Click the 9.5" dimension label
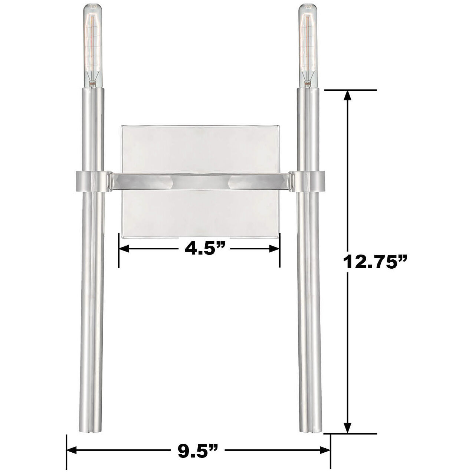[x=197, y=450]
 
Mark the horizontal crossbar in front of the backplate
[x=200, y=180]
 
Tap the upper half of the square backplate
[x=200, y=148]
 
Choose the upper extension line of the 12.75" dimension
[x=351, y=90]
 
